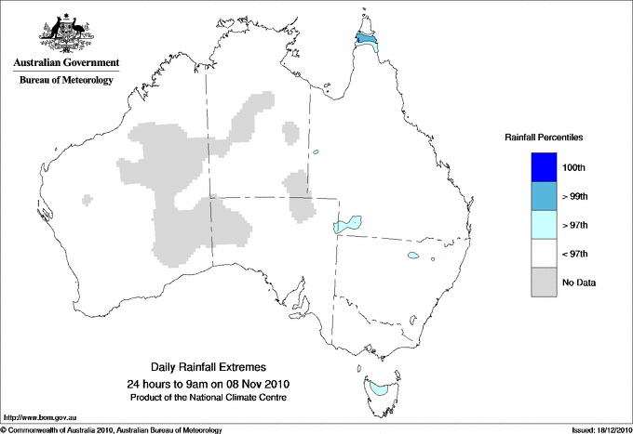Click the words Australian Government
[x=66, y=63]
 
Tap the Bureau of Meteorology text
[x=66, y=80]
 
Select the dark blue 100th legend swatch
[x=544, y=167]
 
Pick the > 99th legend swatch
[x=544, y=196]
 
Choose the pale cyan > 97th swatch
[x=544, y=225]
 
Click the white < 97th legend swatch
[x=544, y=254]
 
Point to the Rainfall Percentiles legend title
[x=544, y=138]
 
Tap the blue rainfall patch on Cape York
[x=368, y=41]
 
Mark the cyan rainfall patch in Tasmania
[x=377, y=387]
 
